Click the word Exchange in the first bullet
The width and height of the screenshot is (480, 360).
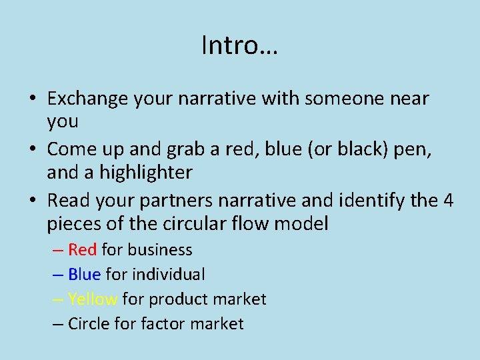point(87,99)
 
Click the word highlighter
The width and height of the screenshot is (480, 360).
point(146,173)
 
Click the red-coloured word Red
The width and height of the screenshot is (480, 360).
point(83,250)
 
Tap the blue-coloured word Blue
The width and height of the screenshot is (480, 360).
point(84,274)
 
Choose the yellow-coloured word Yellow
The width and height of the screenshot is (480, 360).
point(93,299)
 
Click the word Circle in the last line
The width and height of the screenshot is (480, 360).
point(91,324)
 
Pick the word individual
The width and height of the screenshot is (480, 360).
point(169,274)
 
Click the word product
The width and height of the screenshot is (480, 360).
point(177,299)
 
